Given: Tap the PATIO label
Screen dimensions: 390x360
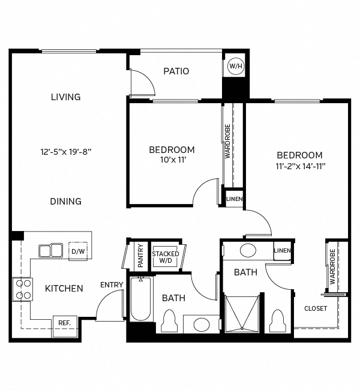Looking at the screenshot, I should coord(176,71).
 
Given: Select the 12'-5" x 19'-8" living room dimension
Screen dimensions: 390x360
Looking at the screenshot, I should coord(66,152).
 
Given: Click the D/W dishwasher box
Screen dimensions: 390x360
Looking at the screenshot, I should coord(78,251).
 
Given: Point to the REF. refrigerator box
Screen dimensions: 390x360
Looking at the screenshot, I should coord(64,323).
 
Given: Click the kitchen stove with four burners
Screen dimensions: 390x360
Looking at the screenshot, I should coord(23,289).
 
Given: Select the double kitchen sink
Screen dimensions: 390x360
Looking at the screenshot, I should coord(51,250).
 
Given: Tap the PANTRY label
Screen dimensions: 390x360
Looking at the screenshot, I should coord(140,253).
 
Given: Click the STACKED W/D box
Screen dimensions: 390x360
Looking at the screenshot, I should coord(165,257).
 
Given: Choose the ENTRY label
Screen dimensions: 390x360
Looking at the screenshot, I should coord(112,284).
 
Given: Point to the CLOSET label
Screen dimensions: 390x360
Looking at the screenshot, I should coord(316,308).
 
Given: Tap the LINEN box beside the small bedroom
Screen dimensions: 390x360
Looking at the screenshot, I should coord(234,199).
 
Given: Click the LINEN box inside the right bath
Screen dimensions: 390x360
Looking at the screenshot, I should coord(282,251).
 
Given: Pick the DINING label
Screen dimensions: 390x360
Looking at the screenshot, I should coord(66,202).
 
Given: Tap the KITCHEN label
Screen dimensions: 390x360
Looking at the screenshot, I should coord(64,289).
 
